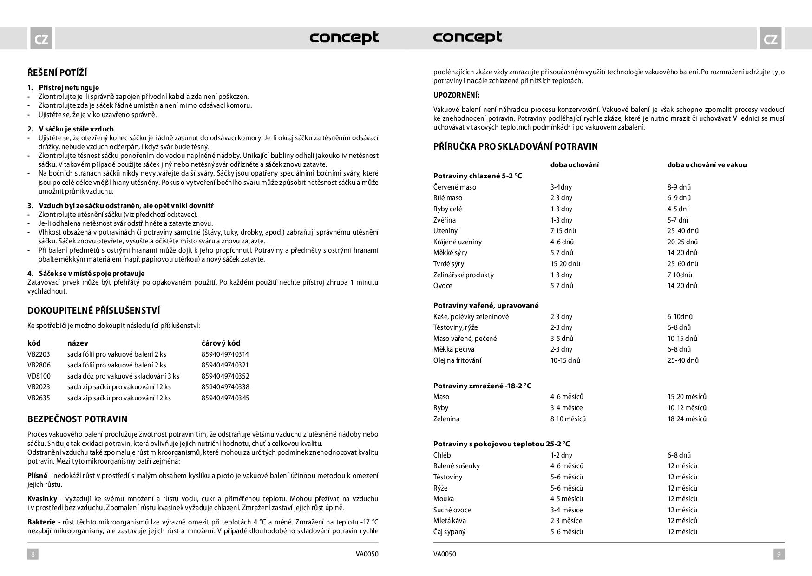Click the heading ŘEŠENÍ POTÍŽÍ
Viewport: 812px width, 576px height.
click(x=57, y=72)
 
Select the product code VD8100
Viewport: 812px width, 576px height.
click(x=39, y=376)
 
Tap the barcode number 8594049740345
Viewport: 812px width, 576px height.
click(x=225, y=398)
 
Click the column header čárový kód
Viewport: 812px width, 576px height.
click(x=221, y=343)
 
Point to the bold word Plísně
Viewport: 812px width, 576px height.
click(x=37, y=476)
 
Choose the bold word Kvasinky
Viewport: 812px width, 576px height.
click(x=42, y=499)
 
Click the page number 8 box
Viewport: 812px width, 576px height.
click(x=33, y=554)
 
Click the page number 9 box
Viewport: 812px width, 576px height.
click(x=779, y=554)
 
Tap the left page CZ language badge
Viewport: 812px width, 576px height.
click(x=41, y=39)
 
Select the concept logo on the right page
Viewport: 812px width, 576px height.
click(x=467, y=37)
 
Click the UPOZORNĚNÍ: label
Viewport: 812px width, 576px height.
click(x=456, y=95)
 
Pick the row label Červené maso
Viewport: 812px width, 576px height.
click(x=454, y=187)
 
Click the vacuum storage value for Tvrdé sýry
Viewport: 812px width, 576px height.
click(x=683, y=264)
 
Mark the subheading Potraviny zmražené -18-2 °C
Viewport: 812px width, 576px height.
click(x=482, y=386)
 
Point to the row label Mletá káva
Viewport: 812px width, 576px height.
click(x=449, y=521)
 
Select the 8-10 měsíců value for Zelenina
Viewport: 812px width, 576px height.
click(x=568, y=419)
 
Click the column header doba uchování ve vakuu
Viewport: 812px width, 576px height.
click(x=707, y=165)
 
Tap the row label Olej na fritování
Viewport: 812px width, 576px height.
click(x=457, y=360)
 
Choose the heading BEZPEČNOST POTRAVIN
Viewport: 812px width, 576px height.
click(x=77, y=419)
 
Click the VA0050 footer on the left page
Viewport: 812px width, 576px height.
click(x=367, y=554)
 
